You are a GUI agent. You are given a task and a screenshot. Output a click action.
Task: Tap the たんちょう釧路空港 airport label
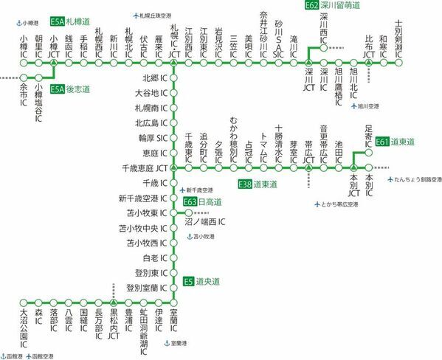click(x=413, y=179)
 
